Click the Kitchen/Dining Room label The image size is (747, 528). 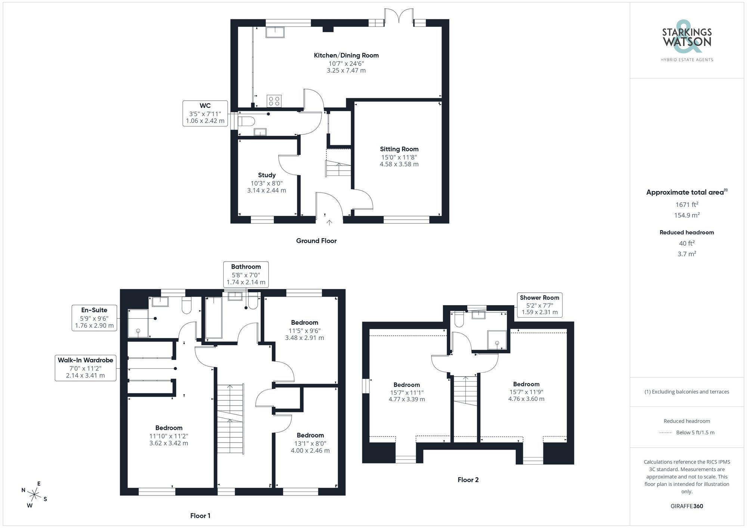click(x=346, y=56)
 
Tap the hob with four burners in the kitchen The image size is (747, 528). click(x=274, y=101)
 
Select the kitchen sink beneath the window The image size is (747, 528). click(x=275, y=32)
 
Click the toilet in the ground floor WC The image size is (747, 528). click(x=246, y=121)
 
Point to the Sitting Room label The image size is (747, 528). click(x=399, y=149)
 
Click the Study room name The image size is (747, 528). click(x=267, y=175)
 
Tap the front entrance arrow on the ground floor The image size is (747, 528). click(x=329, y=223)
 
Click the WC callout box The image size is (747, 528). click(x=205, y=113)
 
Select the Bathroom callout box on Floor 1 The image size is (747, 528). click(x=246, y=274)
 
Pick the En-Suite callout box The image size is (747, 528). click(x=94, y=318)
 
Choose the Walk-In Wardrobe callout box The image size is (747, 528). click(x=86, y=368)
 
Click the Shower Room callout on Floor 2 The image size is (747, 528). click(x=539, y=304)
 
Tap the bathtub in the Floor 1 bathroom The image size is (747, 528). click(x=214, y=318)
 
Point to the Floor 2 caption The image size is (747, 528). click(x=468, y=480)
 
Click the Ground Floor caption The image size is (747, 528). click(x=316, y=241)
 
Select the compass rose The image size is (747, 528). click(x=34, y=495)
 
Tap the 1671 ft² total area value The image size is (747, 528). click(x=687, y=204)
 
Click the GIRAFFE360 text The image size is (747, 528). click(x=687, y=506)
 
